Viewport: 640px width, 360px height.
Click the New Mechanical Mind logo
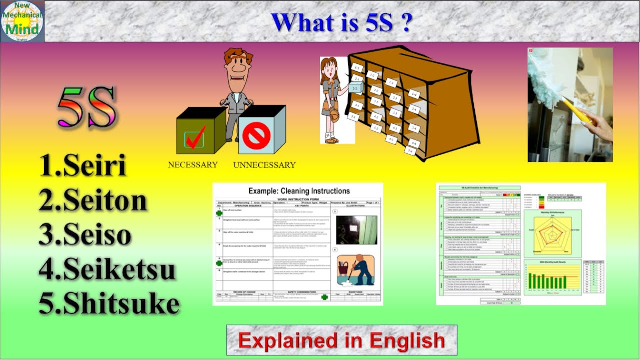pyautogui.click(x=22, y=21)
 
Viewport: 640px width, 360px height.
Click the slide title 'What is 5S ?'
pyautogui.click(x=341, y=22)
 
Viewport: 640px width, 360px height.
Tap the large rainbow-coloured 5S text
pyautogui.click(x=87, y=107)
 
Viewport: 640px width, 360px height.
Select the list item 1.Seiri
pyautogui.click(x=83, y=165)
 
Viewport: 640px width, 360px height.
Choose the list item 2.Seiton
pyautogui.click(x=93, y=200)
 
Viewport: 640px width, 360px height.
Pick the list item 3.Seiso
pyautogui.click(x=85, y=234)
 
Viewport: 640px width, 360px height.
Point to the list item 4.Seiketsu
pyautogui.click(x=107, y=269)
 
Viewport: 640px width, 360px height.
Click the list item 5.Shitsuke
pyautogui.click(x=109, y=303)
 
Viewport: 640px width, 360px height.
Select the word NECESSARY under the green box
pyautogui.click(x=193, y=164)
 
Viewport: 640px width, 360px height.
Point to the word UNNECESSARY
pyautogui.click(x=264, y=165)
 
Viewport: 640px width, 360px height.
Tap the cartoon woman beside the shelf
pyautogui.click(x=331, y=100)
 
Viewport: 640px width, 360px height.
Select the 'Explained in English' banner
pyautogui.click(x=341, y=340)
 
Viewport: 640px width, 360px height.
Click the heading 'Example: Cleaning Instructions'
pyautogui.click(x=299, y=191)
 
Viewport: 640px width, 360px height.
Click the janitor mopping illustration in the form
pyautogui.click(x=355, y=270)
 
